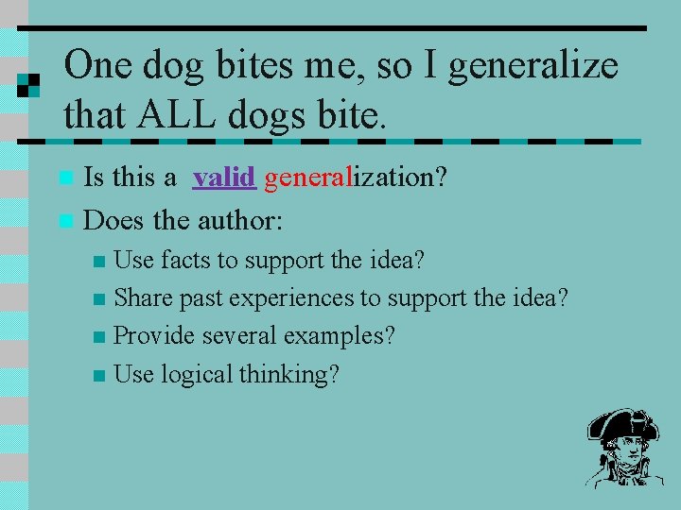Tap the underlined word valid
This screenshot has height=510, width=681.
pyautogui.click(x=224, y=178)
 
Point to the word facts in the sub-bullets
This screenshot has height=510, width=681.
pyautogui.click(x=187, y=260)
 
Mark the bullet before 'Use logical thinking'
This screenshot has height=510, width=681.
pyautogui.click(x=100, y=376)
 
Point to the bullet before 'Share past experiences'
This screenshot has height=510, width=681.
pyautogui.click(x=100, y=299)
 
